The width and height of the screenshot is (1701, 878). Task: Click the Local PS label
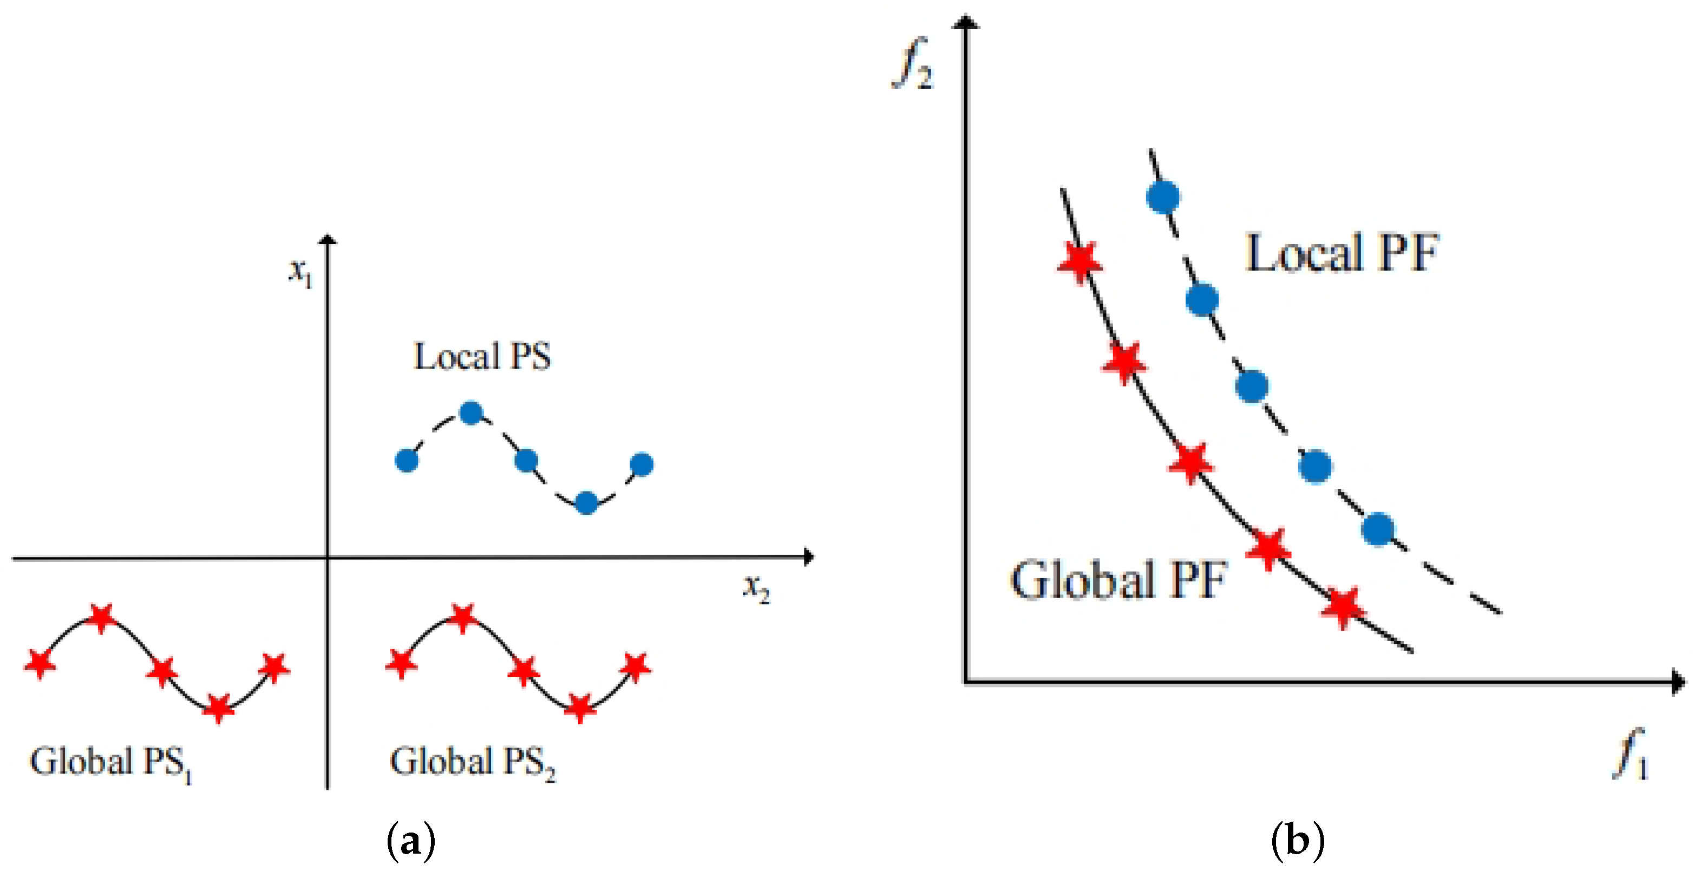pyautogui.click(x=481, y=357)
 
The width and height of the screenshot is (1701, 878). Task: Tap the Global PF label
pyautogui.click(x=1118, y=580)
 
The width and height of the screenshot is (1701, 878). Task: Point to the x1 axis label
pyautogui.click(x=300, y=271)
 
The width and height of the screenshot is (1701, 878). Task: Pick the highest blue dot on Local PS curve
pyautogui.click(x=471, y=413)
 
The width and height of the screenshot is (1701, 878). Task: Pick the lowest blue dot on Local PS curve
pyautogui.click(x=586, y=503)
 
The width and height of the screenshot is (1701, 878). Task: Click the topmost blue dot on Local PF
pyautogui.click(x=1163, y=196)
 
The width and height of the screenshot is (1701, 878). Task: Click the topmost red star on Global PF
pyautogui.click(x=1080, y=261)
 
